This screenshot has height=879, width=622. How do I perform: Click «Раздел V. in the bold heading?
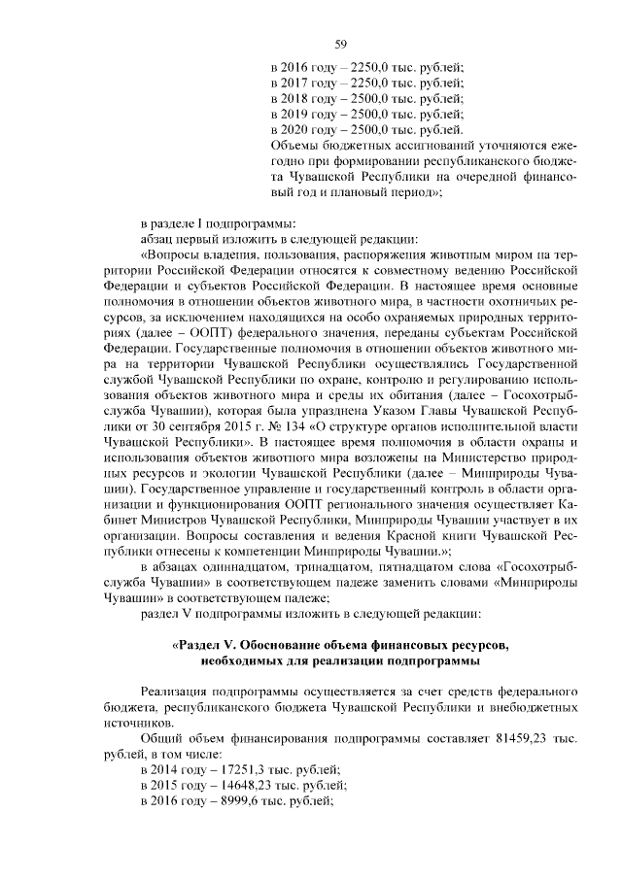207,645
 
